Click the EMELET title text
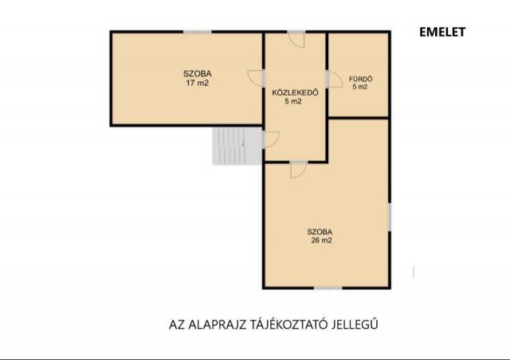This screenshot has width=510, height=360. (442, 32)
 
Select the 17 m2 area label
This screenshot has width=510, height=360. (197, 83)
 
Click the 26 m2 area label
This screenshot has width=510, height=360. (321, 241)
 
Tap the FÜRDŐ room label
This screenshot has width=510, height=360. (360, 79)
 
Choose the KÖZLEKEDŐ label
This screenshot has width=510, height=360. (295, 92)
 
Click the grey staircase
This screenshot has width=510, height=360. (237, 146)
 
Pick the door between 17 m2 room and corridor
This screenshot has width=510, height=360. (256, 78)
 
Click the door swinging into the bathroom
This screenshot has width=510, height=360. (334, 80)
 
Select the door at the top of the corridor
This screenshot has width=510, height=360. (296, 39)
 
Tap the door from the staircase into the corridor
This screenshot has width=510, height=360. (271, 140)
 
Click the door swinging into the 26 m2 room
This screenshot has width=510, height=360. (298, 170)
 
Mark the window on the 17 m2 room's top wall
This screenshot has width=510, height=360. (198, 32)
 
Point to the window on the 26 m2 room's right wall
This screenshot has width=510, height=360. (390, 217)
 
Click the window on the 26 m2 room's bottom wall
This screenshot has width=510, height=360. (328, 288)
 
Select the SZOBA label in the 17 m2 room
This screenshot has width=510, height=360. (197, 74)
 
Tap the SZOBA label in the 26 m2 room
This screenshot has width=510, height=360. (320, 233)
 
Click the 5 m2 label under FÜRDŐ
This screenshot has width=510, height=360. (360, 87)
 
